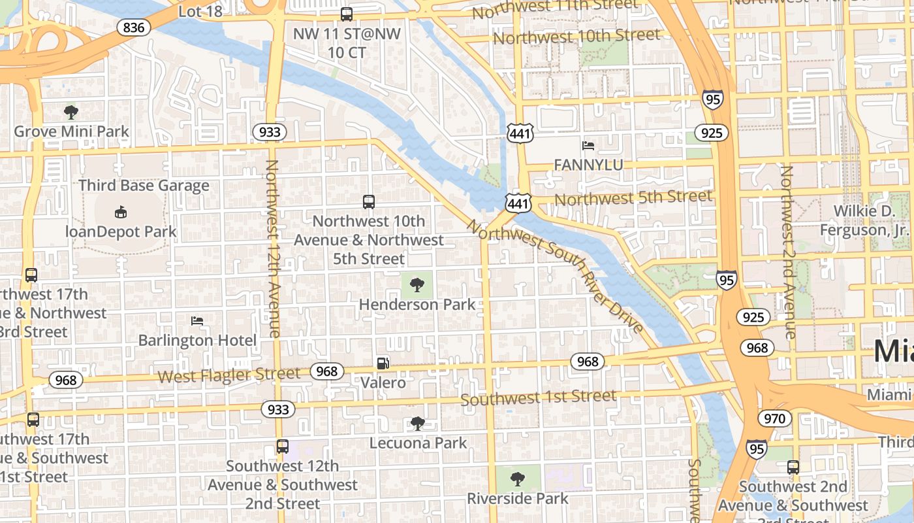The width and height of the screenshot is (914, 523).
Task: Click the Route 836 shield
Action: tap(133, 27)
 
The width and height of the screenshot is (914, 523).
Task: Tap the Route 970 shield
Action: tap(774, 418)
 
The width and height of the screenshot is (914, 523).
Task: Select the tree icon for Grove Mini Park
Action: tap(71, 112)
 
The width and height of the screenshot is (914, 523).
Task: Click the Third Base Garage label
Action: tap(144, 186)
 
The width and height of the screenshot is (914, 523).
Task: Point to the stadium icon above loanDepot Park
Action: tap(121, 212)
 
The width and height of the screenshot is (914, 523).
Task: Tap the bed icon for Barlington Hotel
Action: tap(197, 321)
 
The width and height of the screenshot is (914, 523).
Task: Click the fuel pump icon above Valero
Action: tap(383, 363)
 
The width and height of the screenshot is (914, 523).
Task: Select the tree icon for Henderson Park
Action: tap(417, 284)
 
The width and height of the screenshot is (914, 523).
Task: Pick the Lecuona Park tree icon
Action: tap(418, 424)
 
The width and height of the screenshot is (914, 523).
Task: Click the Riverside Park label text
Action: tap(517, 499)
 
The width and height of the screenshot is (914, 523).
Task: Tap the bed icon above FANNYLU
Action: tap(588, 145)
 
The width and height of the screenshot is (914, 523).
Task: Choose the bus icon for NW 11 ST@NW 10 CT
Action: tap(347, 14)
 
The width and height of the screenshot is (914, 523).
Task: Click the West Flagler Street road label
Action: tap(229, 375)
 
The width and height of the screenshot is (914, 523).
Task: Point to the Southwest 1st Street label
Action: tap(538, 397)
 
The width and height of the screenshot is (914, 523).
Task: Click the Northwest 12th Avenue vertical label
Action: tap(273, 248)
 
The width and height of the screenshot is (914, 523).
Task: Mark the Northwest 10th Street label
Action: tap(576, 37)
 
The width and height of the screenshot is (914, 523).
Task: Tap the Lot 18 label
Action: tap(200, 11)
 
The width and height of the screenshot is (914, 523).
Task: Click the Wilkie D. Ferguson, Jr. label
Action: tap(872, 220)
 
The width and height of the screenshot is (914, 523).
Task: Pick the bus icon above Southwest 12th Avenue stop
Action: tap(282, 447)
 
